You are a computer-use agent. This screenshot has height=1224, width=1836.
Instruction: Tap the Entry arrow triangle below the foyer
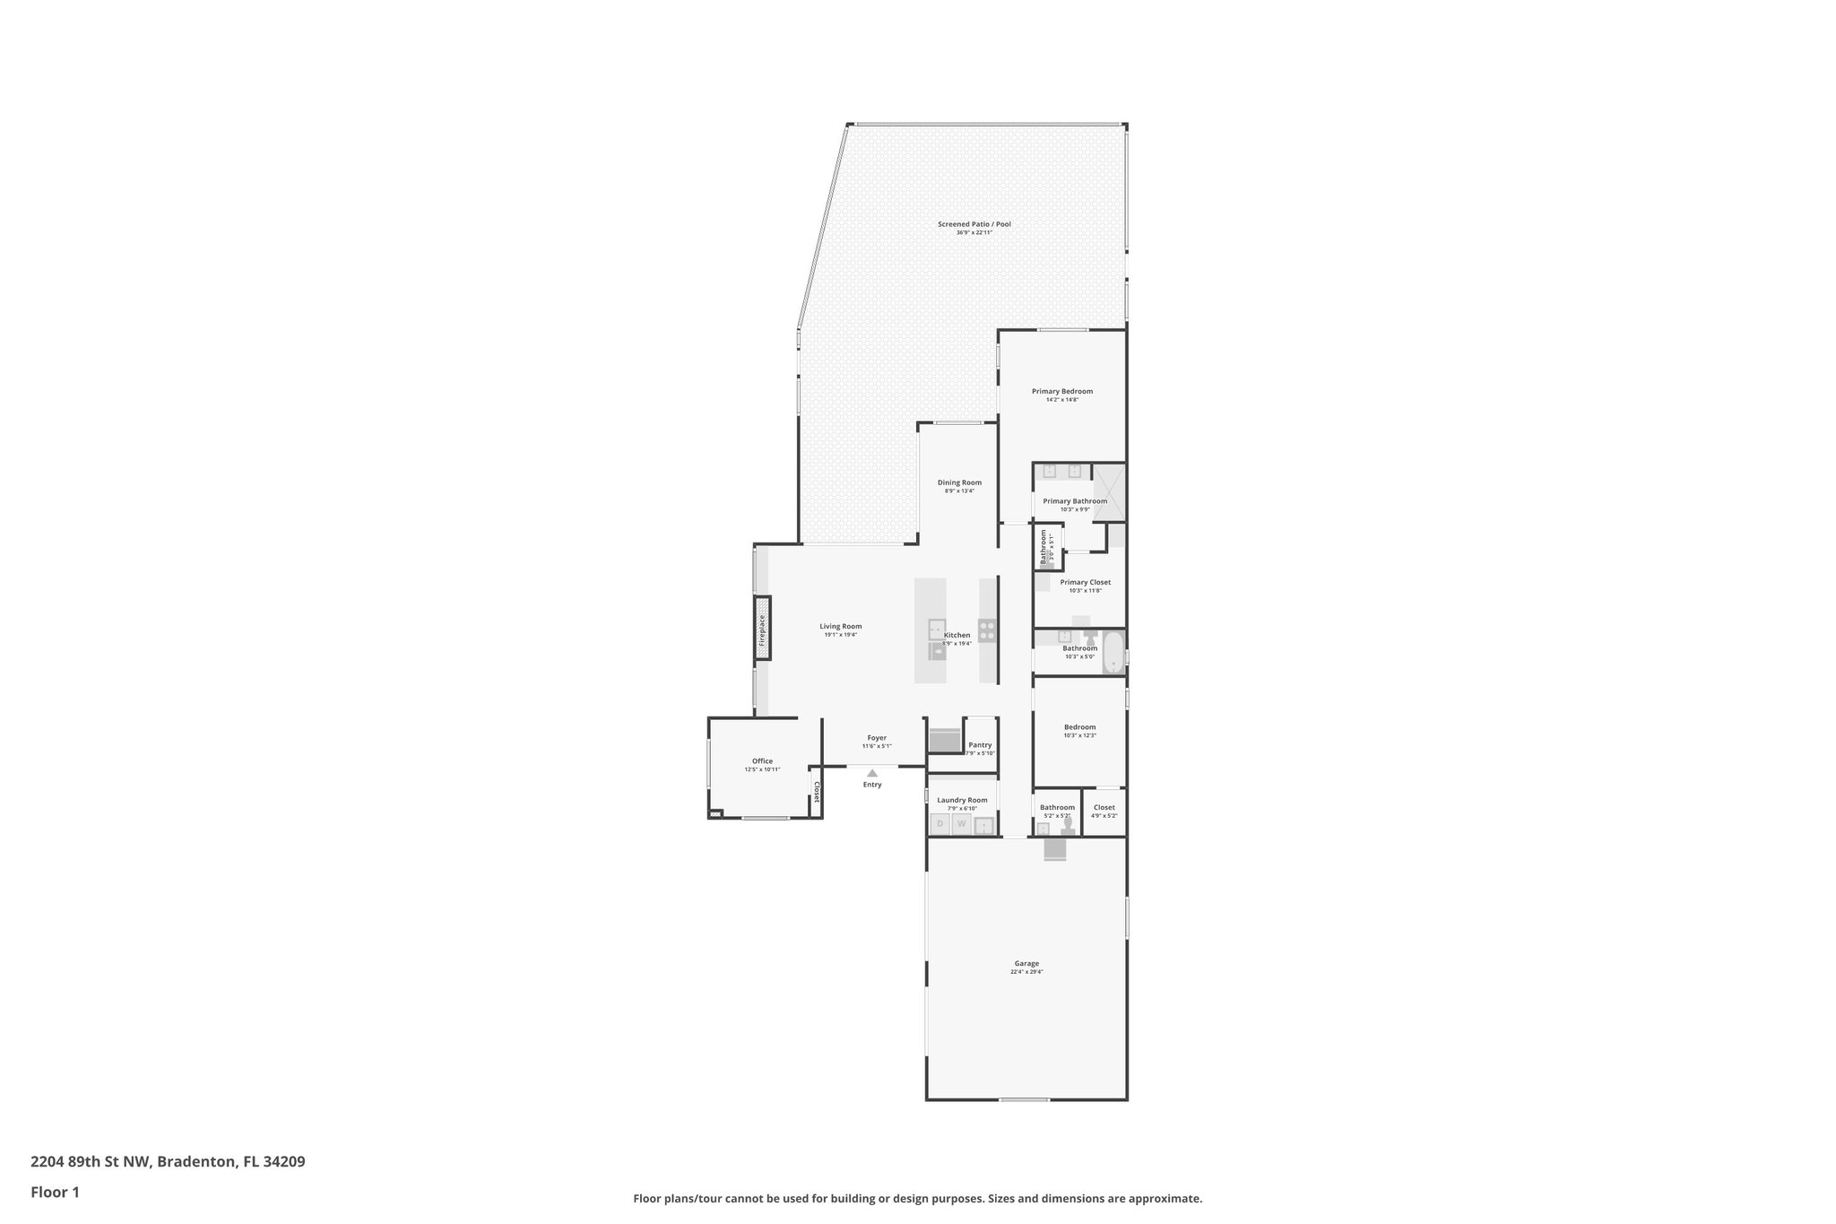[872, 772]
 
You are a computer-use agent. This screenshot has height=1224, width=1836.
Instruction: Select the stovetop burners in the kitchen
[987, 630]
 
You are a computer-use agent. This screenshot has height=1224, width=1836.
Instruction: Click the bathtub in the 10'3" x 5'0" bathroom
[1113, 652]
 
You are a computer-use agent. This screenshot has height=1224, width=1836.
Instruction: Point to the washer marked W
[961, 823]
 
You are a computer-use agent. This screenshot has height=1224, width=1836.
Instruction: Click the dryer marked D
[940, 823]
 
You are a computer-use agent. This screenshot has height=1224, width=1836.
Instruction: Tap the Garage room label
[1026, 963]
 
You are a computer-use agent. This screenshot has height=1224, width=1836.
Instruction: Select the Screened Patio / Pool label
[974, 223]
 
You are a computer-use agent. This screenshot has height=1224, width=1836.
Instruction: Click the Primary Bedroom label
[1061, 391]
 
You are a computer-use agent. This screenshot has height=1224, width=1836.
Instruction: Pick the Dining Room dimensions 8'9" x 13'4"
[959, 490]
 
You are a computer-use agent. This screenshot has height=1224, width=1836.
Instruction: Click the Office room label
[762, 760]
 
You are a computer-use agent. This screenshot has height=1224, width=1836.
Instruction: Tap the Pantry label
[980, 744]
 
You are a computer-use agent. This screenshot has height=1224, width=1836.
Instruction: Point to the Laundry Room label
[962, 800]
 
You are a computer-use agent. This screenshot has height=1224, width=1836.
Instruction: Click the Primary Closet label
[1085, 582]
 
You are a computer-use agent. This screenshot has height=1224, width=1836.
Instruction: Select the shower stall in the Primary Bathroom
[1109, 491]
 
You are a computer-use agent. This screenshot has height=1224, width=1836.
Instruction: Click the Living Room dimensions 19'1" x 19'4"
[840, 635]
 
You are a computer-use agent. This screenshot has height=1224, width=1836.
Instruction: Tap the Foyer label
[877, 737]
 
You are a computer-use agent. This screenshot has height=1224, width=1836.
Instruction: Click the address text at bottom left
[168, 1161]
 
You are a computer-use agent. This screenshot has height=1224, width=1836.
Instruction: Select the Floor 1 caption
[55, 1192]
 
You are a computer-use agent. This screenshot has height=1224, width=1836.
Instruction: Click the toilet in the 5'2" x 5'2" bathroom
[1068, 822]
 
